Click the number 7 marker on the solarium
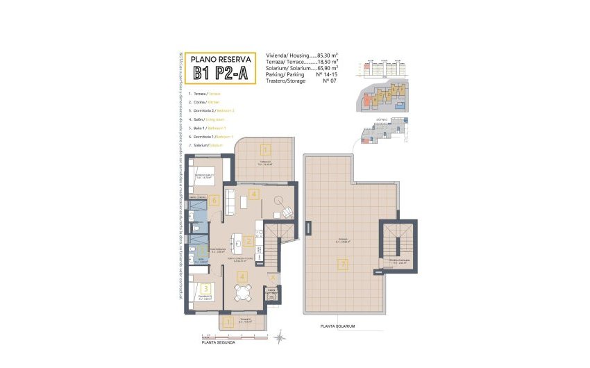pos(341,263)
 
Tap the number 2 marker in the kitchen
pos(247,242)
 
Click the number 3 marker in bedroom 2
pos(205,288)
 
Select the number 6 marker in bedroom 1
pos(215,201)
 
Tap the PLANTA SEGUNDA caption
pos(218,342)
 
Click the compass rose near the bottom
pos(278,339)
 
